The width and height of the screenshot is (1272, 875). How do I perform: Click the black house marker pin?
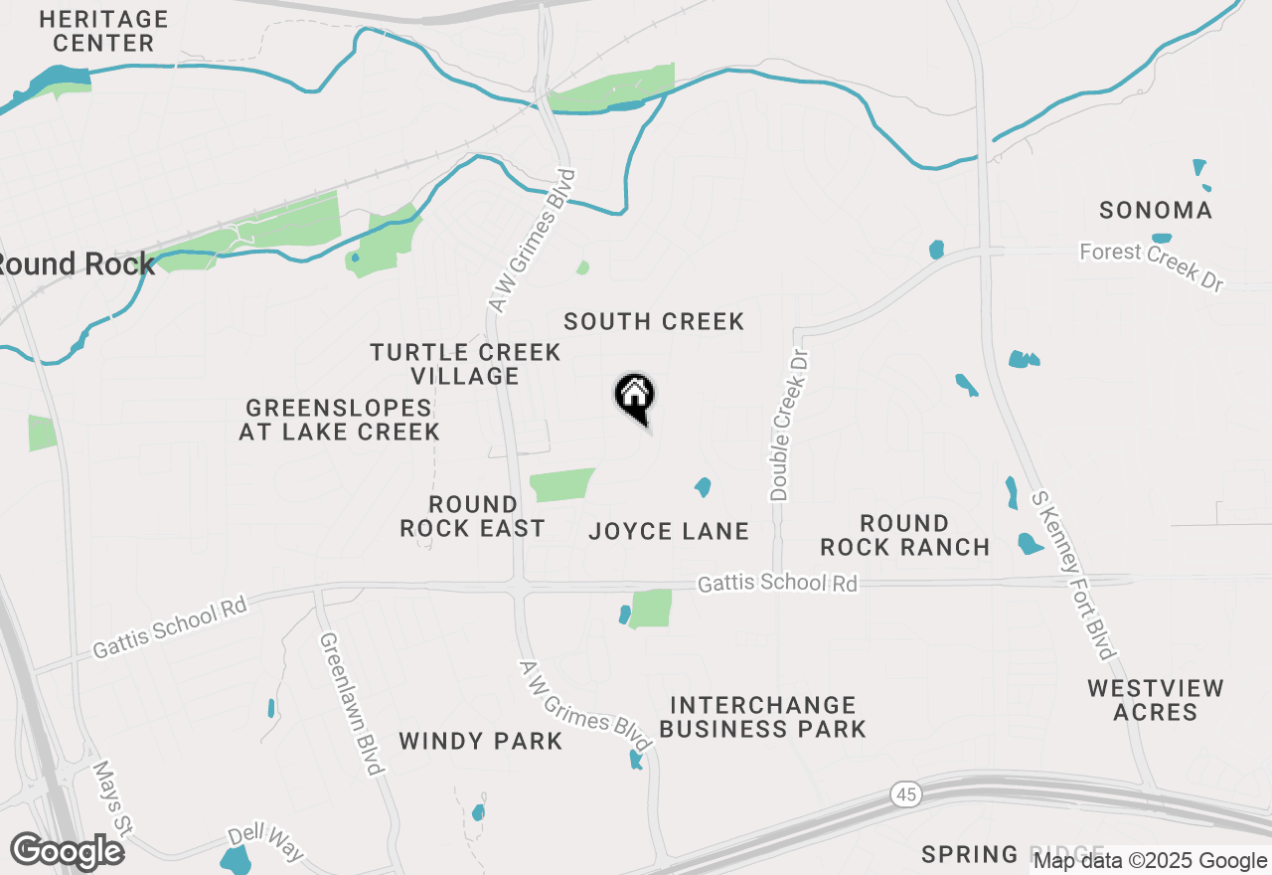coord(634,396)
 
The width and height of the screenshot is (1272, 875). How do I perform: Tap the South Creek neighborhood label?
coord(654,321)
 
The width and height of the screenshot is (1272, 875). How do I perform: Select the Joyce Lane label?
coord(669,531)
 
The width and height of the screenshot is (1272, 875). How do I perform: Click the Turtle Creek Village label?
coord(465,364)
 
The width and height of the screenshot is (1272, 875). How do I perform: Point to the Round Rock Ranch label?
coord(904,535)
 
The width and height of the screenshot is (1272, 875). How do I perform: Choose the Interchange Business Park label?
coord(762,717)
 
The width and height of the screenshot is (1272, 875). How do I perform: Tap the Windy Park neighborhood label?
coord(481,741)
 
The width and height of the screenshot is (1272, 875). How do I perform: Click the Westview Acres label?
coord(1155,700)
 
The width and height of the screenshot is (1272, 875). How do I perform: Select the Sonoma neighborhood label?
coord(1156,210)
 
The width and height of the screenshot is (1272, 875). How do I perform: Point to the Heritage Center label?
coord(103,31)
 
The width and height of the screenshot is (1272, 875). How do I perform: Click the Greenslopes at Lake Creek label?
coord(339,420)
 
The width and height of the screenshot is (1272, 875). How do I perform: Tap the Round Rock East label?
coord(472,516)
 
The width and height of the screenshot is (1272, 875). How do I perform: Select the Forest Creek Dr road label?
coord(1152,264)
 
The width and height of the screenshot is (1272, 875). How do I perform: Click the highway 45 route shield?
coord(905,793)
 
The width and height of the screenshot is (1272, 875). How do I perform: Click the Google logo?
coord(67,852)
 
